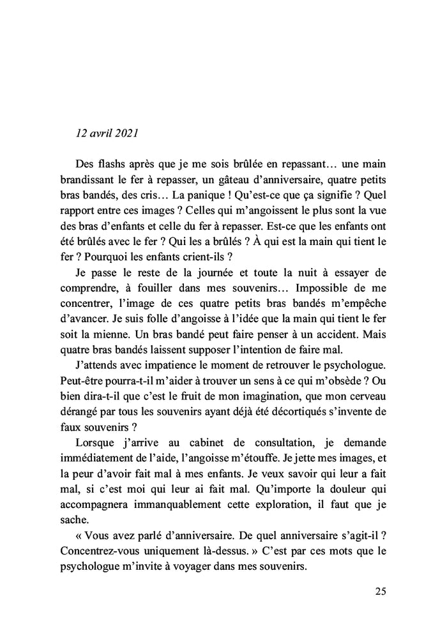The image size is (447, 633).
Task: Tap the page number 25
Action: (380, 591)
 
